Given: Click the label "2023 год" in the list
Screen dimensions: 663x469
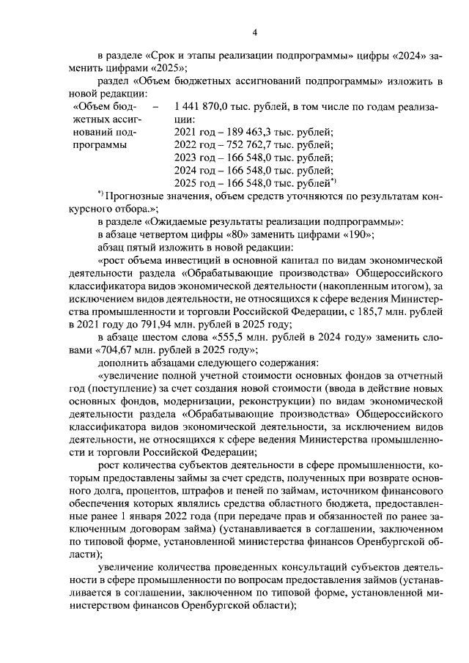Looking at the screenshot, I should coord(195,157).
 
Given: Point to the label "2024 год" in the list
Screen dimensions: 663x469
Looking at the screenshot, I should coord(195,169).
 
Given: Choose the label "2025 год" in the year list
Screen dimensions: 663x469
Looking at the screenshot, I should coord(195,182).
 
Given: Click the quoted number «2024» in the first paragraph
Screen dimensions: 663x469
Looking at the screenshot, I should coord(407,56).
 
